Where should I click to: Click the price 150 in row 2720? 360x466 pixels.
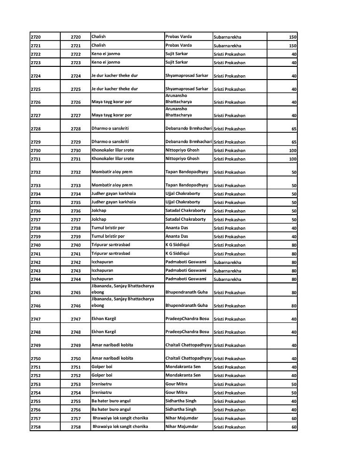[x=292, y=37]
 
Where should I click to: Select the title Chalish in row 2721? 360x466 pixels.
[x=98, y=46]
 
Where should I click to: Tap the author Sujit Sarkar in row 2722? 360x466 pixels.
[x=176, y=54]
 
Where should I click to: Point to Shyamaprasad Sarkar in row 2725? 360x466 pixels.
[x=187, y=89]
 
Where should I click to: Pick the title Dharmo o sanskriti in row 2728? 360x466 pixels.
[x=110, y=129]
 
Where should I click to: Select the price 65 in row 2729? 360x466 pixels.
[x=294, y=142]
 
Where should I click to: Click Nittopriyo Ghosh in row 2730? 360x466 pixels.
[x=182, y=150]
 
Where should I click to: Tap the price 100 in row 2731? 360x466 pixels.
[x=292, y=159]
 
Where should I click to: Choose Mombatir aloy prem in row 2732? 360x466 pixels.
[x=112, y=172]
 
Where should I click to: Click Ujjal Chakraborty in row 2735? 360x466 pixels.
[x=183, y=202]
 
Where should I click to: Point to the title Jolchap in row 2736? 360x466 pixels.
[x=99, y=211]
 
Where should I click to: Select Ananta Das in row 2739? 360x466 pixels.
[x=176, y=236]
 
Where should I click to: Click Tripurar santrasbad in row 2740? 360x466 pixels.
[x=111, y=245]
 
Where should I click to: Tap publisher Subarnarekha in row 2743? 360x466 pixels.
[x=227, y=271]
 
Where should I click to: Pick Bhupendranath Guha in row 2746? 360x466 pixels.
[x=186, y=305]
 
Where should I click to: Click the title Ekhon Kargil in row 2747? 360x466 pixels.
[x=104, y=319]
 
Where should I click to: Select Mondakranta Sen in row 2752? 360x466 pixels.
[x=183, y=375]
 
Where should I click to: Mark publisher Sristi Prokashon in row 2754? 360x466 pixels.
[x=230, y=393]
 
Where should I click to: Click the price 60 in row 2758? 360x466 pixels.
[x=294, y=427]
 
